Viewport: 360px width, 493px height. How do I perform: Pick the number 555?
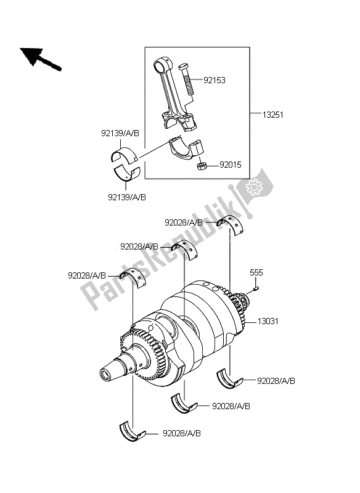[x=256, y=272]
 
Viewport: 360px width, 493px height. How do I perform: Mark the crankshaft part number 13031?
[x=269, y=321]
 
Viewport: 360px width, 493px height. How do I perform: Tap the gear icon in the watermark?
[x=254, y=185]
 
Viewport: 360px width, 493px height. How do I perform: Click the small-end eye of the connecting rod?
[x=162, y=63]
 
